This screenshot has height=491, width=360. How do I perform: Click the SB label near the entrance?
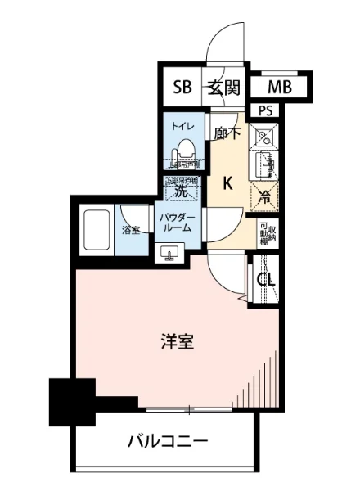pos(181,88)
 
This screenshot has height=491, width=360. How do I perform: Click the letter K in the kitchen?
pos(229,183)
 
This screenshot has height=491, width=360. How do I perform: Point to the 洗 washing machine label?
pos(183,191)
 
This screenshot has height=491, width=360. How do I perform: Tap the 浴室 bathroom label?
pos(130,230)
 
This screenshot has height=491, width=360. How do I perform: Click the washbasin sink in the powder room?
pos(170,250)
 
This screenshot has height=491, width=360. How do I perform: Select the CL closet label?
pos(267,280)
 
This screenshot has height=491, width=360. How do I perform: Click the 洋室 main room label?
pos(176,342)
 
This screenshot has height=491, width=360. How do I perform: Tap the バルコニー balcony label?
pos(168,442)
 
